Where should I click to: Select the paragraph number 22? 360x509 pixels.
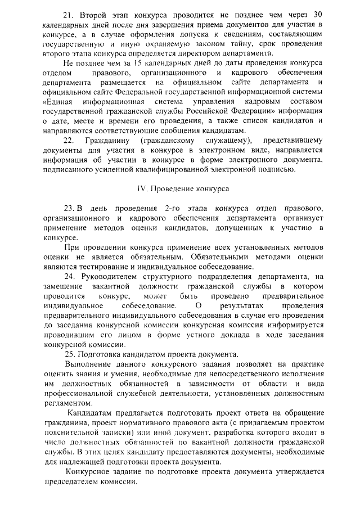click(69, 140)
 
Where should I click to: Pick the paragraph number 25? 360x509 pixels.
click(70, 354)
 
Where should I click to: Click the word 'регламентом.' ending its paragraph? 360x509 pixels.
click(66, 403)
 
